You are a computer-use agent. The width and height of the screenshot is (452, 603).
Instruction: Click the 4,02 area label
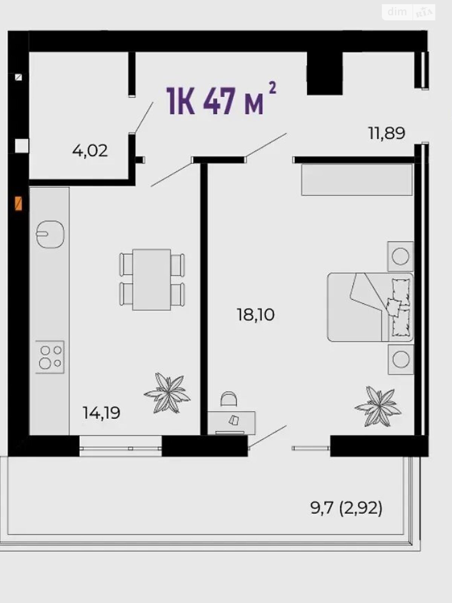point(90,151)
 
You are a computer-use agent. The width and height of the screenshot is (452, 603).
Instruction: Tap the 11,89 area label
point(387,134)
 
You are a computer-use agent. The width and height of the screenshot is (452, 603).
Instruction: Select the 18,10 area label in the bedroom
point(255,315)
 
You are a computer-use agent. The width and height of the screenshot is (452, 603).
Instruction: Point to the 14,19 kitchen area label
point(102,413)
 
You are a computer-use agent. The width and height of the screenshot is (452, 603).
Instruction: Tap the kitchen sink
point(50,234)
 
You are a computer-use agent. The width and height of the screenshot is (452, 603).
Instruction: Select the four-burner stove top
point(50,357)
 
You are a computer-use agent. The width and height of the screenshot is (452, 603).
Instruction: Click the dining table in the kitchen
point(152,280)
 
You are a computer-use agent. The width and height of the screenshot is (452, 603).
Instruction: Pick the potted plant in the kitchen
point(167,393)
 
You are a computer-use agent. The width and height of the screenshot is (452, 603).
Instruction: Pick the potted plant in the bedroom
point(378,407)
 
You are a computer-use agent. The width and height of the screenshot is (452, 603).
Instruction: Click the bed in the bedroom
point(371,307)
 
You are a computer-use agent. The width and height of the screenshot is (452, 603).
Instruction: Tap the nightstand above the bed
point(400,256)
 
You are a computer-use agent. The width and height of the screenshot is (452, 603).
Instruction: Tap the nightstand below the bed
point(401,359)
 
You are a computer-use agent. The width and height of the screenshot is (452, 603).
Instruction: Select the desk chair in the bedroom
point(229,399)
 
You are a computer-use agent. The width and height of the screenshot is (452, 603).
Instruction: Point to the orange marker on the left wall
point(18,203)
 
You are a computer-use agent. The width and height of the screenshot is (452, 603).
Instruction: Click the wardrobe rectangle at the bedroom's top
point(357,180)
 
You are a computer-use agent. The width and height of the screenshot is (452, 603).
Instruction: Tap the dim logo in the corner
point(397,12)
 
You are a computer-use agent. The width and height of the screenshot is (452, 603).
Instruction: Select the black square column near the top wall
point(325,73)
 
